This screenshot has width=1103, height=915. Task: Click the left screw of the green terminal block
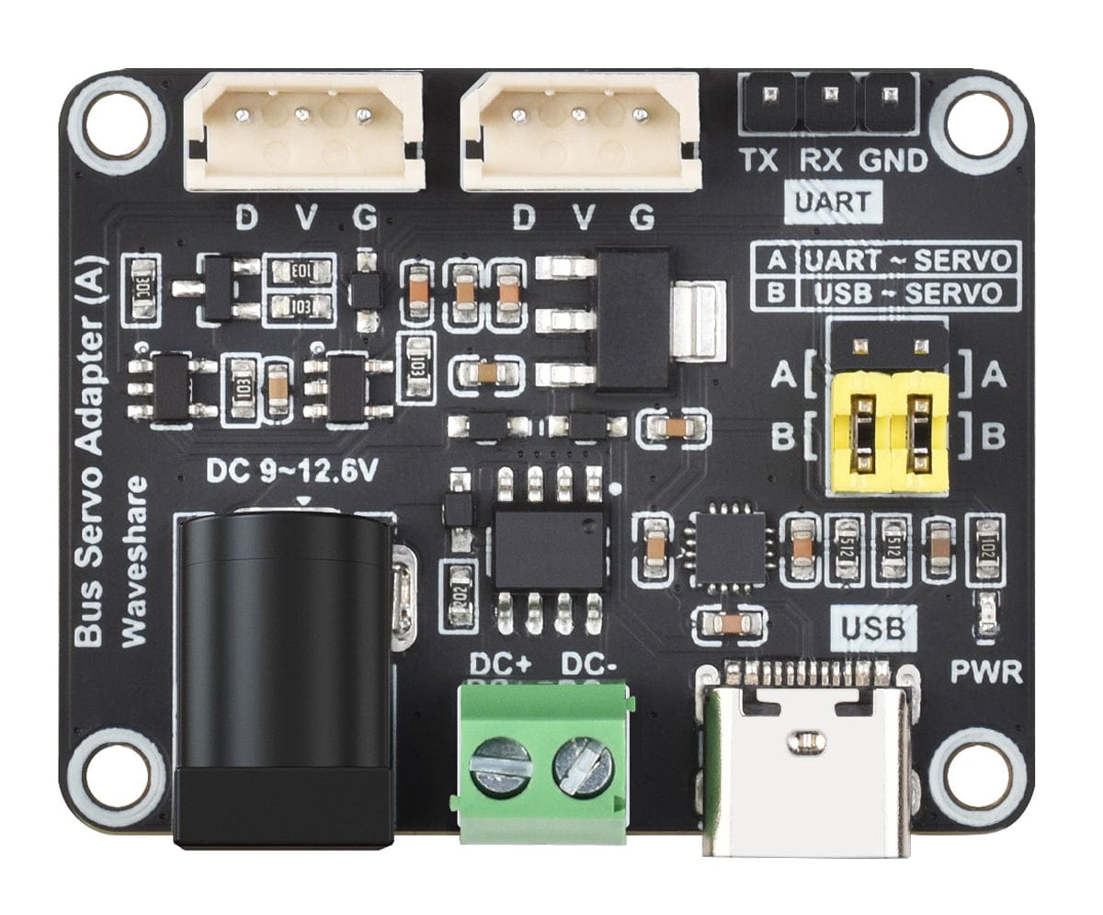click(500, 762)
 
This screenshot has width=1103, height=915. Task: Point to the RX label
click(820, 161)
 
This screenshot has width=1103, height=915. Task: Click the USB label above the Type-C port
click(872, 629)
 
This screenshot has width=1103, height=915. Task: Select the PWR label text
click(986, 672)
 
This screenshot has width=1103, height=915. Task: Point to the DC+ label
click(500, 663)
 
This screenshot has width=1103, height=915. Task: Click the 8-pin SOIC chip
click(549, 549)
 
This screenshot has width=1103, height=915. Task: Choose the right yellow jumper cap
click(919, 429)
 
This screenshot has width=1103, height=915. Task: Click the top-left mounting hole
click(117, 123)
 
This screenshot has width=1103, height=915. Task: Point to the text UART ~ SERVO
click(909, 259)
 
